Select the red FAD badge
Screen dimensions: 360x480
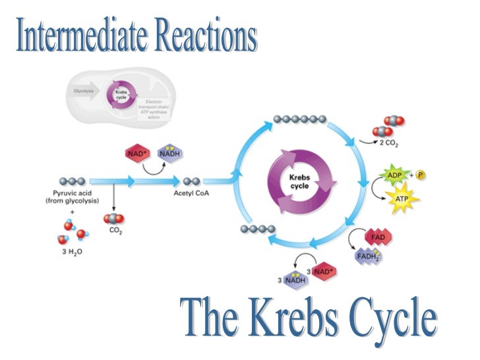coord(378,236)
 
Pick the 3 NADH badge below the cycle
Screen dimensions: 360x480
coord(297,281)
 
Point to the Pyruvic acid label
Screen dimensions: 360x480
coord(73,193)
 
